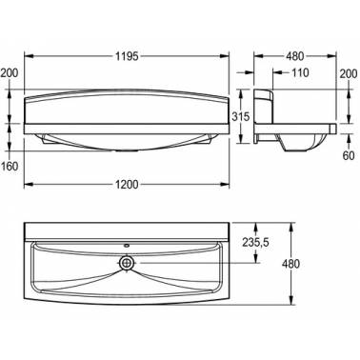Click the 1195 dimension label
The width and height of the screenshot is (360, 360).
[127, 56]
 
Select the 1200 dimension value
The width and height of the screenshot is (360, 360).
[127, 185]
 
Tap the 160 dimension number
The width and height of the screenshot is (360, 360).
[10, 166]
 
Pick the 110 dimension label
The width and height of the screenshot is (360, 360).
[300, 72]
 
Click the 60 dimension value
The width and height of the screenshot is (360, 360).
[349, 156]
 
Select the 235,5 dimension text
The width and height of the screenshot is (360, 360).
[255, 243]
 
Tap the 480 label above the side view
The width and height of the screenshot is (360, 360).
[295, 56]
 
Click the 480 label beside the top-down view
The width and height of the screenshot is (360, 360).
[290, 264]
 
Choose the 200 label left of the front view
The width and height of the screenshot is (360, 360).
[10, 73]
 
